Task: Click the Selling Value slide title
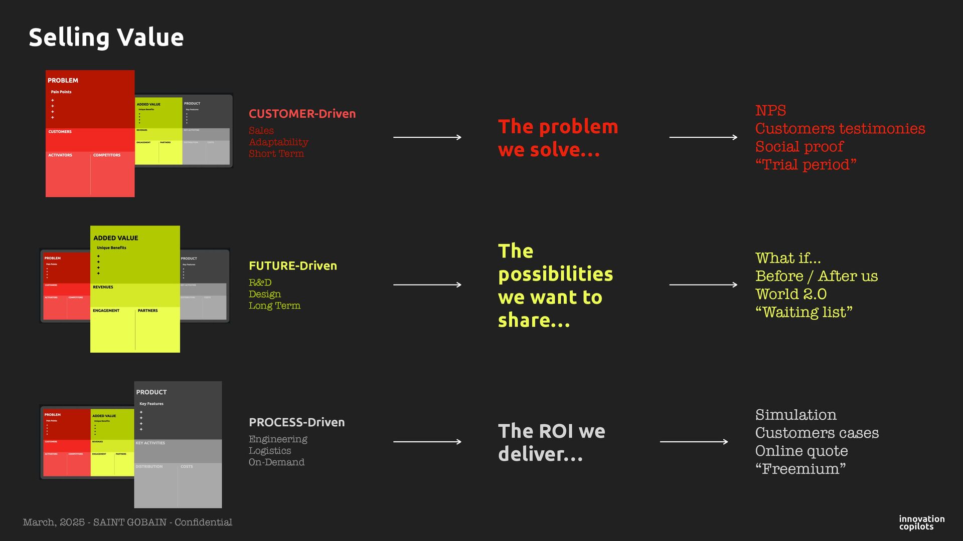(x=106, y=38)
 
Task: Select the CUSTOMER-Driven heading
(x=302, y=114)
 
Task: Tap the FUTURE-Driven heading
(x=292, y=265)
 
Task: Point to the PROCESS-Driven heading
(x=296, y=422)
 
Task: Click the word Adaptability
(x=278, y=142)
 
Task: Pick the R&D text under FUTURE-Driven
(x=260, y=283)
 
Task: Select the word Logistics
(x=269, y=451)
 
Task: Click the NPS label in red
(x=770, y=111)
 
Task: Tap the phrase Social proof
(x=799, y=147)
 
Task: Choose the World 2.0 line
(x=790, y=294)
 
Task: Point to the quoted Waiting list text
(x=804, y=312)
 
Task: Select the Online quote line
(x=801, y=451)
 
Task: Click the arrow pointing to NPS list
(x=703, y=137)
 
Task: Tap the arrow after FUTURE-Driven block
(x=427, y=285)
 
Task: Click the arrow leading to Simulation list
(x=694, y=442)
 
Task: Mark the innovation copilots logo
(x=921, y=522)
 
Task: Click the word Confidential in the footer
(x=203, y=522)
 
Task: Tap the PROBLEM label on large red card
(x=63, y=80)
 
